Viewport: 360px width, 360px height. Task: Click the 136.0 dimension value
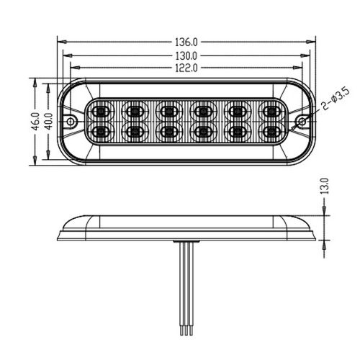click(x=186, y=42)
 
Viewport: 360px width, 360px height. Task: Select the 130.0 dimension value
click(x=186, y=55)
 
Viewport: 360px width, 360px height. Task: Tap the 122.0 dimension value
click(x=186, y=67)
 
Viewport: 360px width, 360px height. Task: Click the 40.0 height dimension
click(x=48, y=120)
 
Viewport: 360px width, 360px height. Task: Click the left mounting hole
click(x=71, y=121)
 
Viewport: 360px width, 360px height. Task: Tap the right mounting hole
click(x=302, y=121)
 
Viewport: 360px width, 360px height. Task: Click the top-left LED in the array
click(x=99, y=111)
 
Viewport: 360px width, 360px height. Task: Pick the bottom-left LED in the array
click(x=99, y=132)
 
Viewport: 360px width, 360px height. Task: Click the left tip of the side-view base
click(x=58, y=238)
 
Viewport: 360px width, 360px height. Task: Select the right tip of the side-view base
click(x=315, y=238)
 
